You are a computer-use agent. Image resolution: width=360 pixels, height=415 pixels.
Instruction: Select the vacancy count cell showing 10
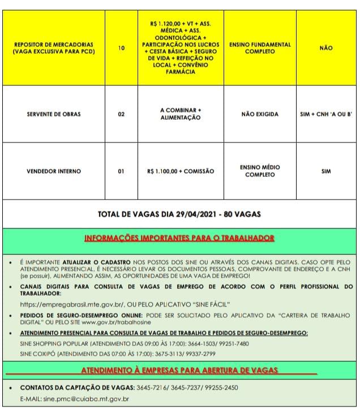coord(121,48)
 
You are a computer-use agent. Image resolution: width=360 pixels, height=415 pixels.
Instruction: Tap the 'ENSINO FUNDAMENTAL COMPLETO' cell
coord(260,48)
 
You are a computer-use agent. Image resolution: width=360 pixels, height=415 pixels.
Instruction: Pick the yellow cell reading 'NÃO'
coord(326,48)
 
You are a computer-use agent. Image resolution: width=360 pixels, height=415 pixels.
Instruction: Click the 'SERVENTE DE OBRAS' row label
coord(53,114)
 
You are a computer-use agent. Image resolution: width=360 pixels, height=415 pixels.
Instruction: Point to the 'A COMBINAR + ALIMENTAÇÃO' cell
coord(181,114)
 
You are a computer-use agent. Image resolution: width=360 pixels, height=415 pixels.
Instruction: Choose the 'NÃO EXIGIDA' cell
coord(260,114)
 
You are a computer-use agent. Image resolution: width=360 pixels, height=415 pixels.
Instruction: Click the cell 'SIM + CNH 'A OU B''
coord(326,114)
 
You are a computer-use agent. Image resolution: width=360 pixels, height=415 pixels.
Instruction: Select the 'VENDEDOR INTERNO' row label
coord(53,171)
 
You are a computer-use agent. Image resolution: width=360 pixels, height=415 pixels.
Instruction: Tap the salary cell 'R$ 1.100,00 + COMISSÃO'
coord(181,171)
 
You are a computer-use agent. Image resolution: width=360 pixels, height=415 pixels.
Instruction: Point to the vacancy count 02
coord(121,114)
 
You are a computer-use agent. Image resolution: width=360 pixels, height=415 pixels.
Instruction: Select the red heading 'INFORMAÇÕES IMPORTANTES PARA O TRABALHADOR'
coord(179,238)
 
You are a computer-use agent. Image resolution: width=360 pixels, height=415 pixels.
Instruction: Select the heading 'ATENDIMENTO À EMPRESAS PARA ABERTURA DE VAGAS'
coord(179,370)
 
